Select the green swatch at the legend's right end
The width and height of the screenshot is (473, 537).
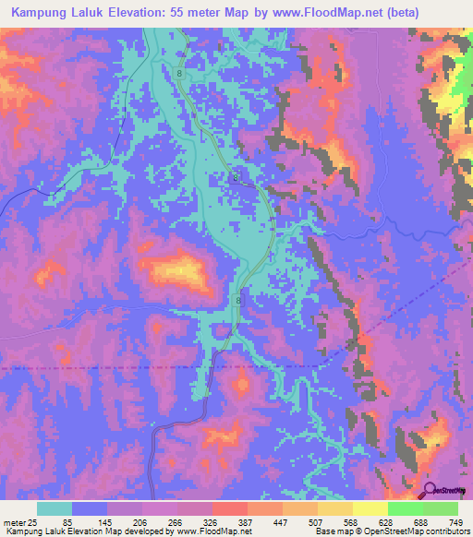(441, 509)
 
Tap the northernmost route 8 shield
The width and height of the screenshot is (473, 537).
(178, 70)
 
